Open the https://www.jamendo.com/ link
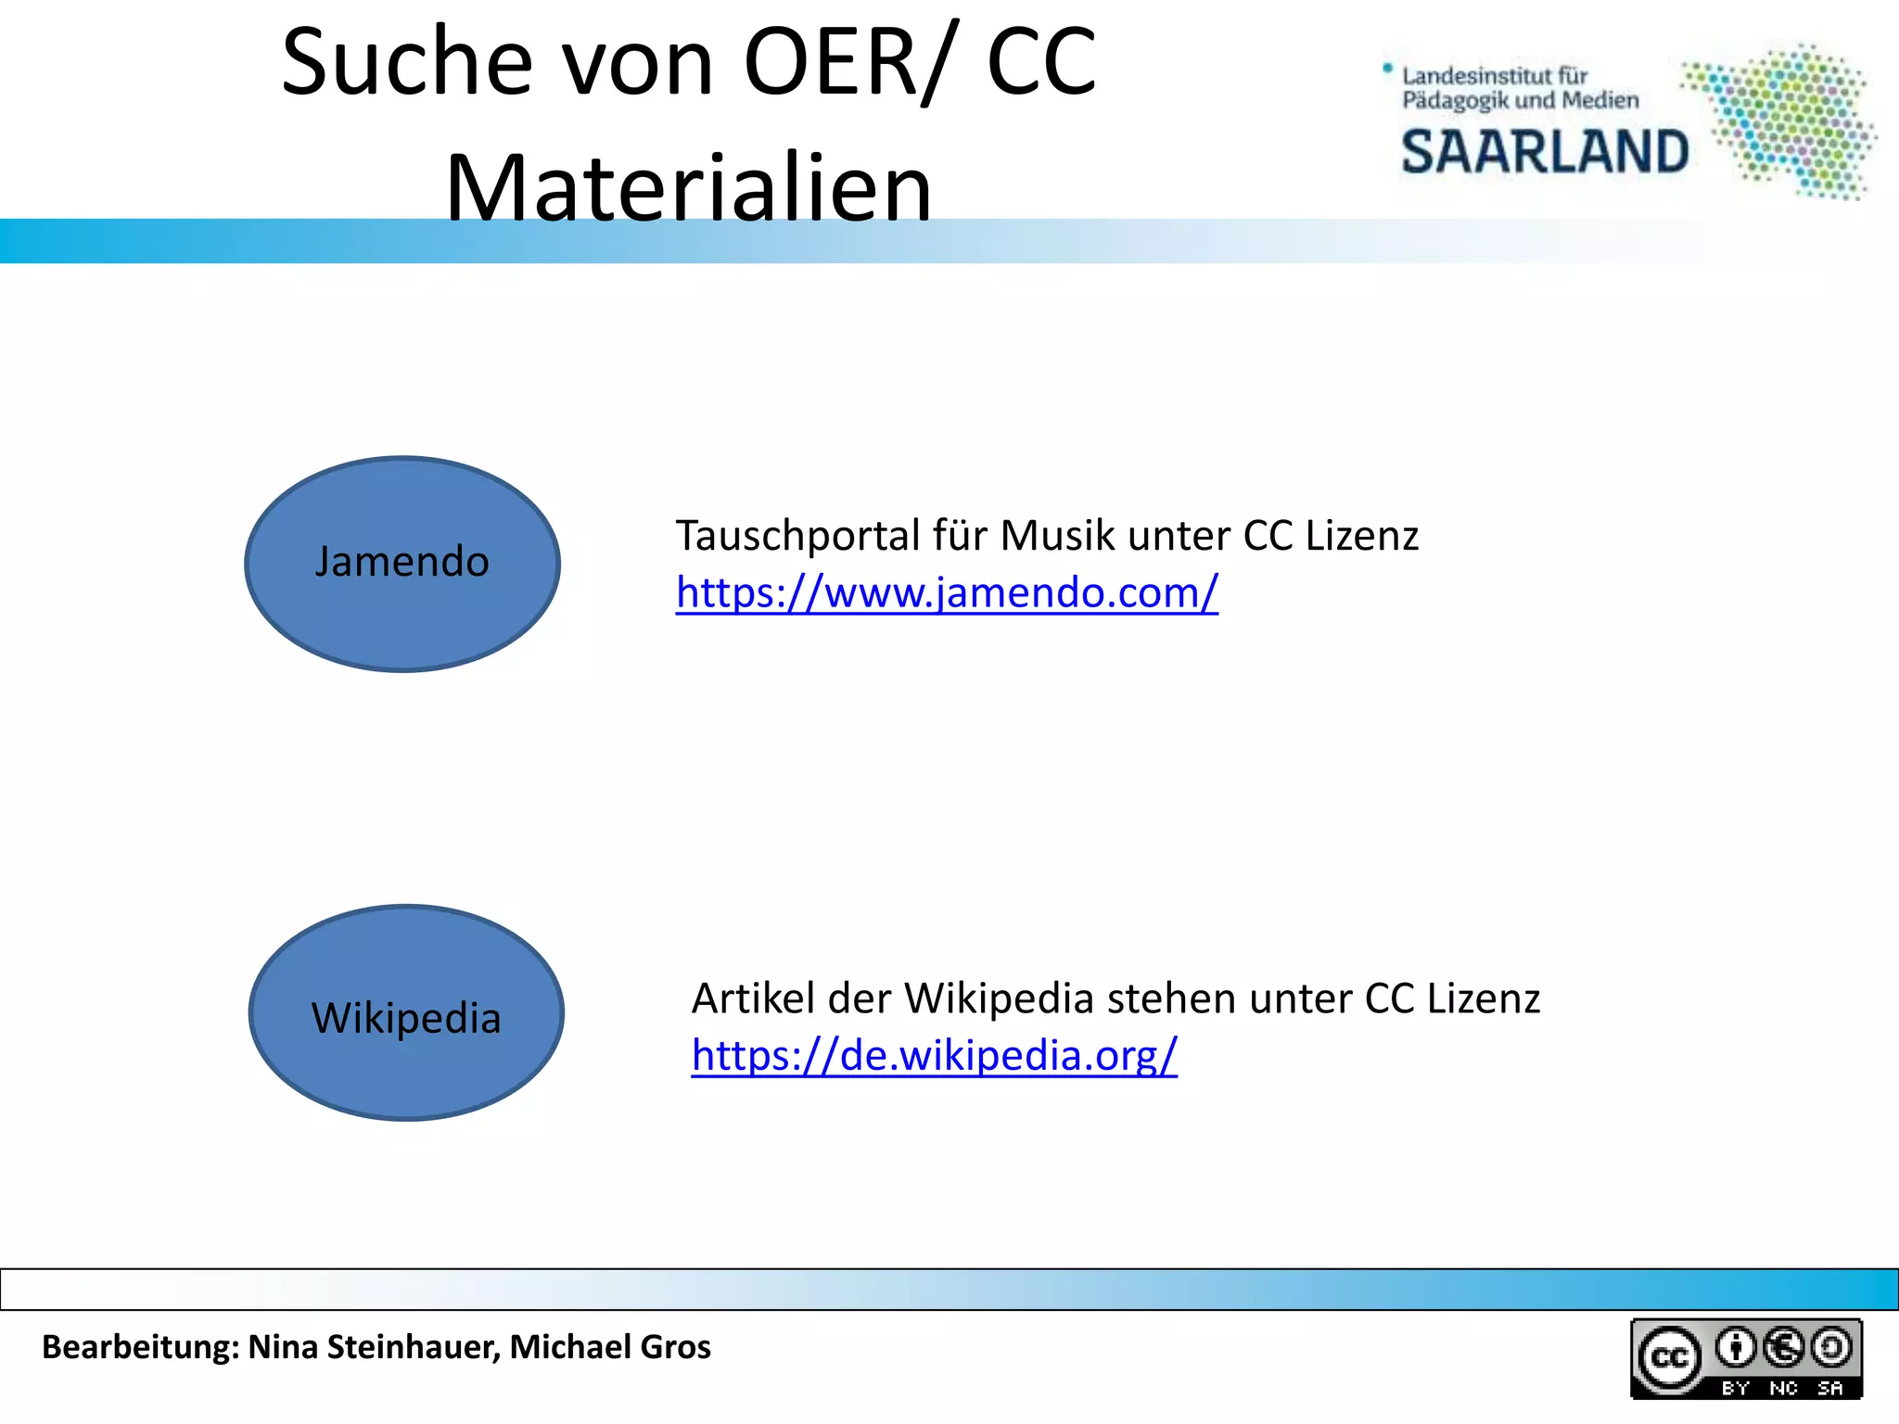[x=947, y=592]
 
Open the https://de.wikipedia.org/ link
[x=934, y=1055]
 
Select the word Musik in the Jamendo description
[x=1057, y=536]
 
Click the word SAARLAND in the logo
[x=1545, y=153]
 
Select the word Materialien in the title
[x=688, y=188]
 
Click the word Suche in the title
[x=407, y=62]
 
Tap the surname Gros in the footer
[x=675, y=1347]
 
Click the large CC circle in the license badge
[x=1669, y=1358]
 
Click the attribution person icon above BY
[x=1735, y=1347]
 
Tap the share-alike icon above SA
[x=1831, y=1347]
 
